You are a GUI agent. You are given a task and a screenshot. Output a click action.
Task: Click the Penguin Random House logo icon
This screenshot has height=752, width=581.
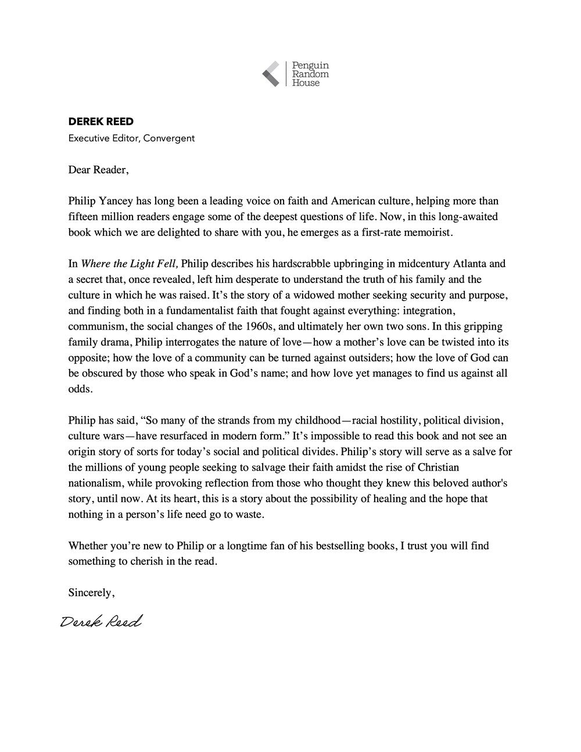(x=271, y=74)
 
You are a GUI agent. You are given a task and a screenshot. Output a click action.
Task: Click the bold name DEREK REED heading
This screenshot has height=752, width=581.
(x=101, y=121)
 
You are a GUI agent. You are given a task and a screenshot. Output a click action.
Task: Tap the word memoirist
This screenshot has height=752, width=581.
(x=423, y=232)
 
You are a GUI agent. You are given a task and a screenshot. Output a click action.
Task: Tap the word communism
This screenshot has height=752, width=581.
(x=95, y=326)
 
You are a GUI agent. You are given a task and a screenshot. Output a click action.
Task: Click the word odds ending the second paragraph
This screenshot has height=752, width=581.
(x=80, y=389)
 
